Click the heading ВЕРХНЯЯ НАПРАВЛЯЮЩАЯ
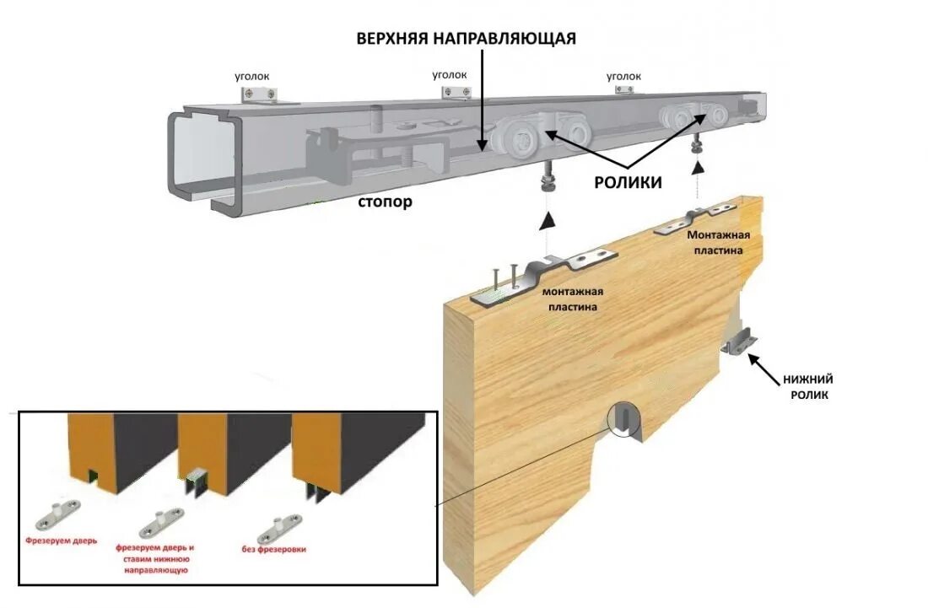466,39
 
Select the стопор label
385,202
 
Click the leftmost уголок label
252,76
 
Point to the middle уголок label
450,75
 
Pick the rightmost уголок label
624,77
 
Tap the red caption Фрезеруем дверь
62,541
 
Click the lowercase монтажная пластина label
573,299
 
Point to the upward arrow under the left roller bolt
548,221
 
